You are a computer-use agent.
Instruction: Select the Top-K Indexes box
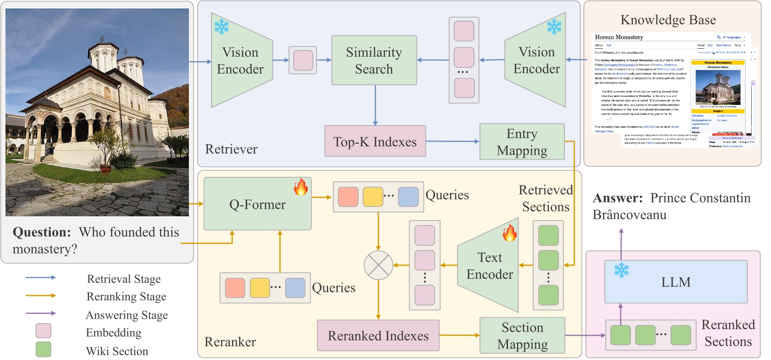coord(375,142)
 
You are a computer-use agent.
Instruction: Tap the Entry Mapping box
coord(521,142)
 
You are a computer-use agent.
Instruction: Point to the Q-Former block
coord(257,204)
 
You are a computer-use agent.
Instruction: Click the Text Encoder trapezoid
coord(489,266)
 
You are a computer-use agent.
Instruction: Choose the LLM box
coord(676,282)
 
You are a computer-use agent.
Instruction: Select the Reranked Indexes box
coord(379,336)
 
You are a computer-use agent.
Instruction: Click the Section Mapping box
coord(522,336)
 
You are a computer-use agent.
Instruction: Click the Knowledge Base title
coord(668,20)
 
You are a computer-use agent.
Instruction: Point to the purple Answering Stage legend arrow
coord(41,313)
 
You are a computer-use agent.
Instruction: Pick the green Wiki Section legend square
coord(43,350)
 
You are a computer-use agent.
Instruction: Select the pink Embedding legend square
coord(43,332)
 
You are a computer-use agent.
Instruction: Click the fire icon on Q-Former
coord(300,188)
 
